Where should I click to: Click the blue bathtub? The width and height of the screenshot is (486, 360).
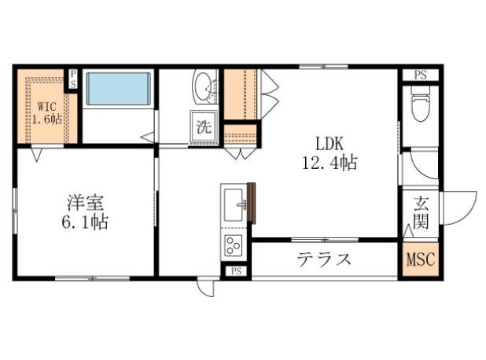[x=118, y=89]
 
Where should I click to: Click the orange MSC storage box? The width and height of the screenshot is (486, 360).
[x=420, y=259]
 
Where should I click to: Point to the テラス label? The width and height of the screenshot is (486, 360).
[x=323, y=259]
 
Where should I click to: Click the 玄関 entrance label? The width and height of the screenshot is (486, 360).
[x=420, y=212]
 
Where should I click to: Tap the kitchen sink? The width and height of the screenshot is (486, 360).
[x=234, y=206]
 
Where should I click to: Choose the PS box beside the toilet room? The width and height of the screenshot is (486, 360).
[x=421, y=75]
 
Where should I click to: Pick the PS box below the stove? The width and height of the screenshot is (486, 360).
[x=235, y=271]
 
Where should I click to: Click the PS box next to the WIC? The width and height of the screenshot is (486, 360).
[x=72, y=79]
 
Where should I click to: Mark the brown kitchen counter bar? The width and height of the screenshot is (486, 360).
[x=252, y=203]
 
